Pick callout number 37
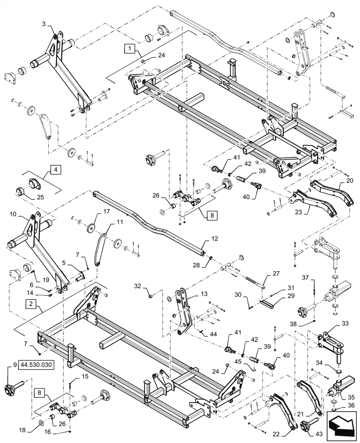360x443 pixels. (x=305, y=278)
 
